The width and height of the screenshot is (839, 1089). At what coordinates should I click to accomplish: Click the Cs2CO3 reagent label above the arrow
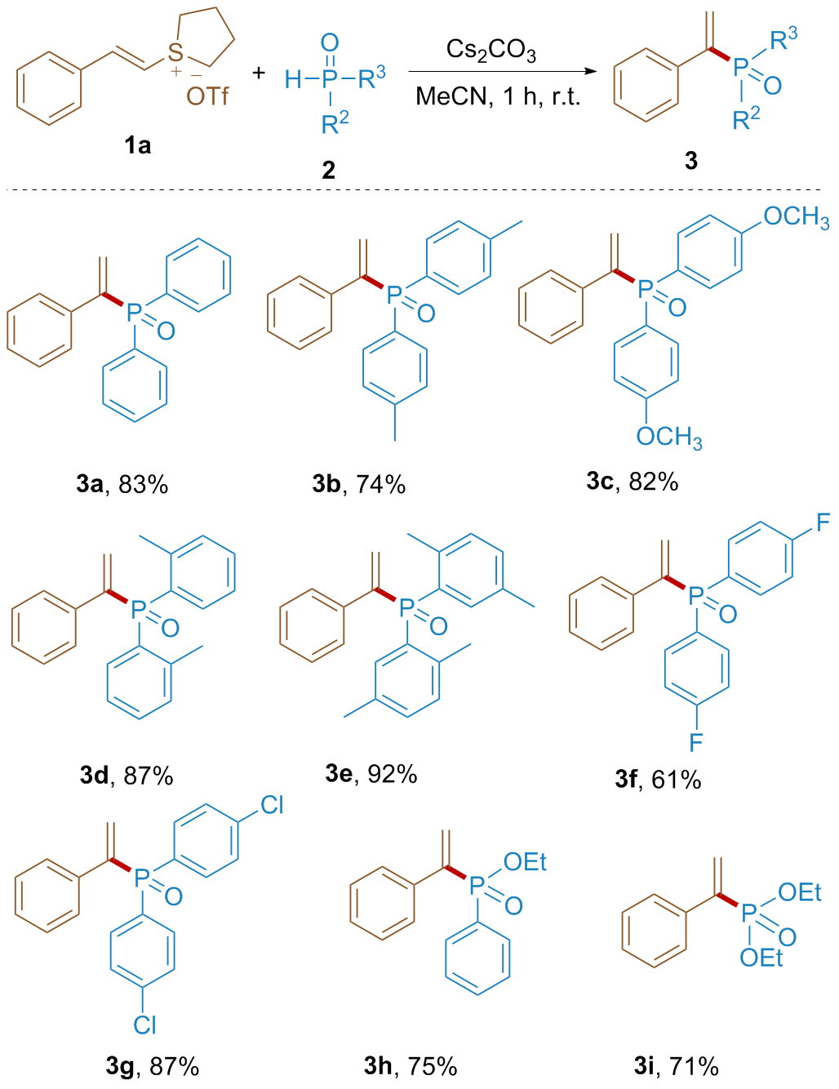[x=491, y=51]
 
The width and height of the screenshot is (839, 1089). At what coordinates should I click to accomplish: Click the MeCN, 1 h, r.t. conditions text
[x=497, y=96]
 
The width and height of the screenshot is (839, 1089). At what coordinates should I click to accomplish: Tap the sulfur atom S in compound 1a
[x=175, y=54]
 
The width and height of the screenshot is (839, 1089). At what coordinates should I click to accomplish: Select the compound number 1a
[x=137, y=146]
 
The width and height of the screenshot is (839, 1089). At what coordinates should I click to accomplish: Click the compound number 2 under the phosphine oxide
[x=328, y=170]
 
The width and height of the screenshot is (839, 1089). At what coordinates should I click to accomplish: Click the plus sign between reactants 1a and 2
[x=259, y=73]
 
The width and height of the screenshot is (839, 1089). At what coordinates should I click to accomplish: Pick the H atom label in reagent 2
[x=293, y=78]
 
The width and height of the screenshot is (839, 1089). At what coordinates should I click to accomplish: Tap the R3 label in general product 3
[x=784, y=39]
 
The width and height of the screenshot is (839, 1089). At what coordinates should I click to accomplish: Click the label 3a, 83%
[x=122, y=484]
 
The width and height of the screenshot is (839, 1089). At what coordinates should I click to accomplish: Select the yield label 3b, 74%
[x=358, y=484]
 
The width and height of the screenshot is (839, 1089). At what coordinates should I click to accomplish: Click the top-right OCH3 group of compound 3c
[x=796, y=218]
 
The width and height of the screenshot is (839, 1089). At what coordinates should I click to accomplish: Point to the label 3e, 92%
[x=371, y=773]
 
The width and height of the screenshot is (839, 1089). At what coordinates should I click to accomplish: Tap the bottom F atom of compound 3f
[x=696, y=741]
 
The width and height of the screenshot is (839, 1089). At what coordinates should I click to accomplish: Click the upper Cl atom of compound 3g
[x=271, y=806]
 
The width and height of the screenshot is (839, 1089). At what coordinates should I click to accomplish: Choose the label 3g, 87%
[x=153, y=1066]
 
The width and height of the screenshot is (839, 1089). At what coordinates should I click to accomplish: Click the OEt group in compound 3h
[x=525, y=862]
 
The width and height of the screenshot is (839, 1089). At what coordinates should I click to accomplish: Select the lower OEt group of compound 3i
[x=761, y=958]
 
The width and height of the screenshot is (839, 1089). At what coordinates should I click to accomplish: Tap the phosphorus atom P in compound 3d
[x=139, y=608]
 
